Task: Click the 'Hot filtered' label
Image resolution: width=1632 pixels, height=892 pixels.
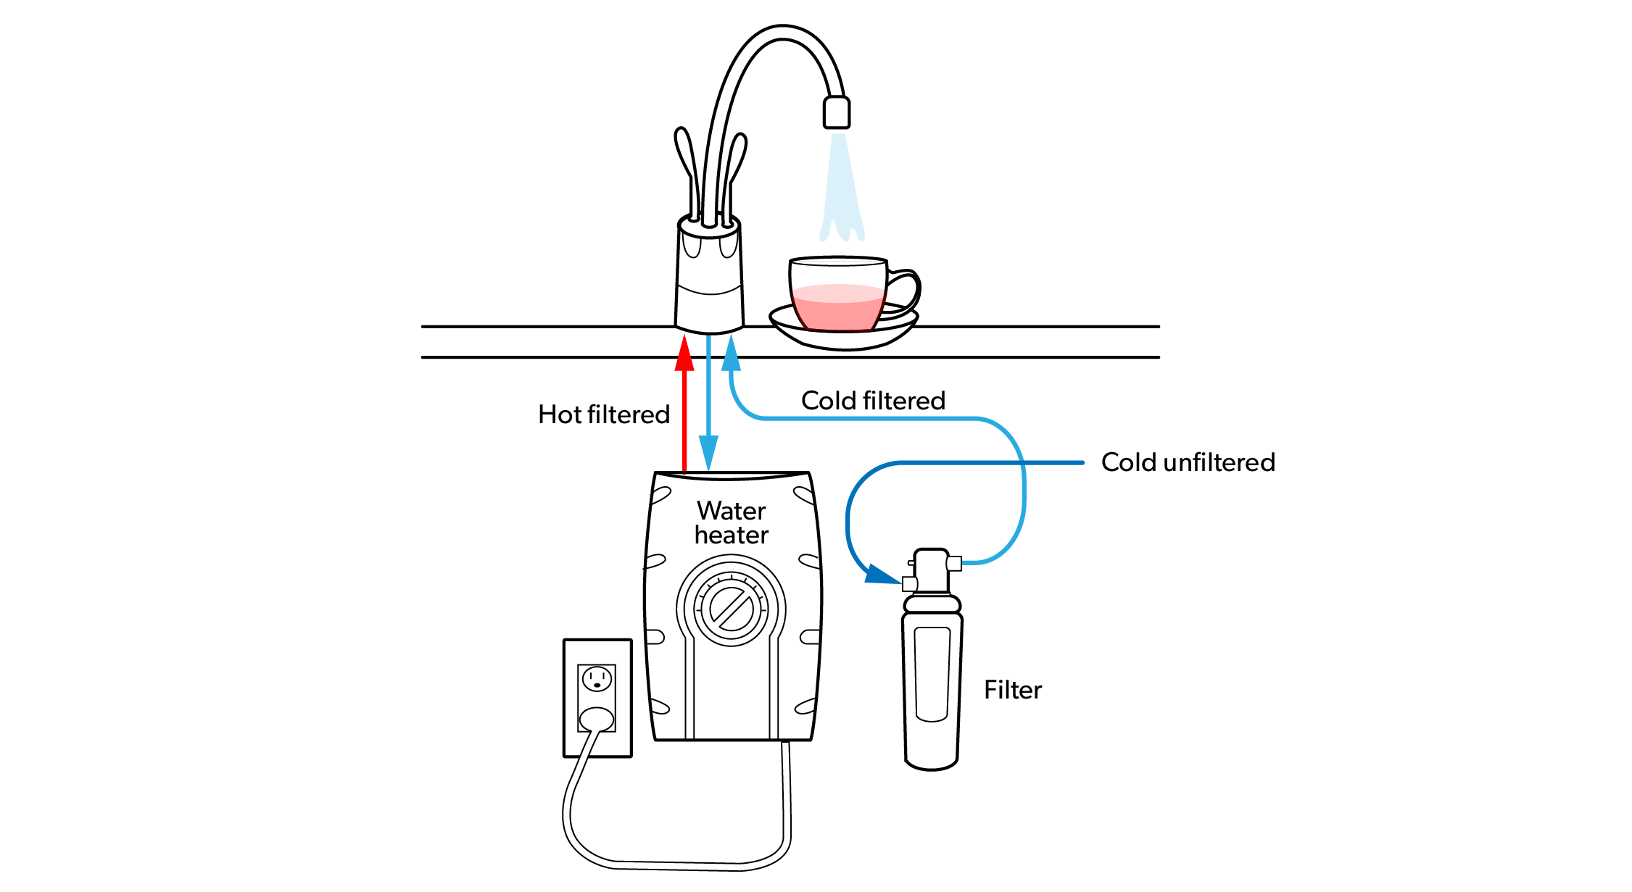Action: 603,414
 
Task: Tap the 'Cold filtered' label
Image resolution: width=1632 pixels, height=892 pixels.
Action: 873,401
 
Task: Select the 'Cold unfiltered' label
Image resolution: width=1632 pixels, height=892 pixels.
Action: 1188,462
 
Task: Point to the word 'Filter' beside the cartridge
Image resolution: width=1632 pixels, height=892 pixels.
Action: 1012,690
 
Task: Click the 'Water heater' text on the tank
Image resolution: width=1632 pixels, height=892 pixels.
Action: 731,522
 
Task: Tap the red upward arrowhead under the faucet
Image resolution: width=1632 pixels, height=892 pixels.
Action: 684,354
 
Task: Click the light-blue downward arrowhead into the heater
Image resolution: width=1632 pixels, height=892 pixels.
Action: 708,452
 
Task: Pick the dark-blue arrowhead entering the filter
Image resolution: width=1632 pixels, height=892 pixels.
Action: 881,575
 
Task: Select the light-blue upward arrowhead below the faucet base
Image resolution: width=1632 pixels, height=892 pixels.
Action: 732,354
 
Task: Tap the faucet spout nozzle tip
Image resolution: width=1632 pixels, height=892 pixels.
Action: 837,113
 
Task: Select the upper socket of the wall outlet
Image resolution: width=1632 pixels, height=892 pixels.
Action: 597,680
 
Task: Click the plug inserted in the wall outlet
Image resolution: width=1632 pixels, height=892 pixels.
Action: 597,719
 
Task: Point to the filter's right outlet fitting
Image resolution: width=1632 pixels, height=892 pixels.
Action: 954,563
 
